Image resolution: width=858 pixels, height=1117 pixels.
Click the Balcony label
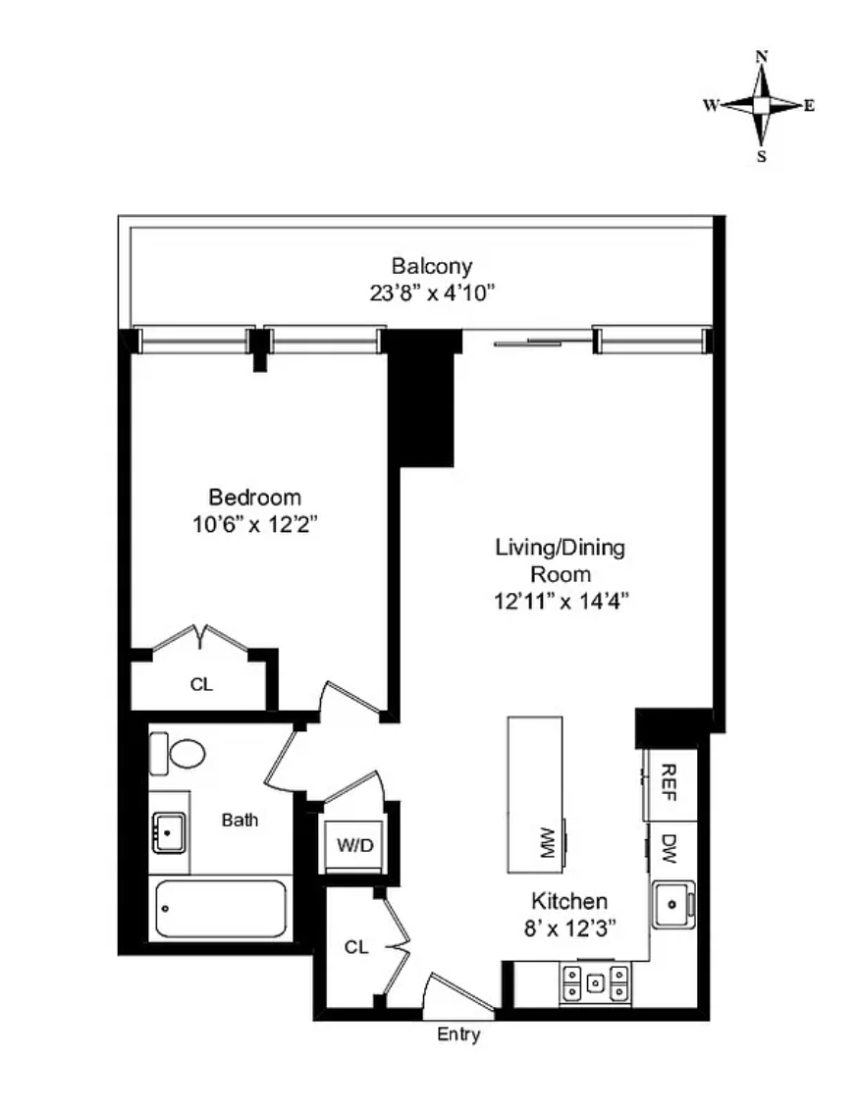click(x=432, y=266)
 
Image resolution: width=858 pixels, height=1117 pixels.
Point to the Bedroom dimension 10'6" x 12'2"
click(x=254, y=525)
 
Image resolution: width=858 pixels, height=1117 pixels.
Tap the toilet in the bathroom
click(x=178, y=753)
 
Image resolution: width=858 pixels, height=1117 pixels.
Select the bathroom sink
click(x=169, y=832)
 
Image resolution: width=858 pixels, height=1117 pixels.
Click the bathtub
click(x=221, y=908)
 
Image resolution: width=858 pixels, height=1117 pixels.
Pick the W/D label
click(x=355, y=845)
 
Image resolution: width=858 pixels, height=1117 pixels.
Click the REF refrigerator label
click(x=669, y=782)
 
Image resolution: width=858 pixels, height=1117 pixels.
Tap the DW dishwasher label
click(x=669, y=848)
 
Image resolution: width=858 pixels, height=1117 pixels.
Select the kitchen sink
click(x=673, y=905)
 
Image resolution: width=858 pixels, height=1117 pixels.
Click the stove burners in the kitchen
click(x=595, y=984)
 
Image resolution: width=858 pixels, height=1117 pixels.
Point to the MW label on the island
click(x=548, y=843)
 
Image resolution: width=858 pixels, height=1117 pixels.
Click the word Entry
click(x=458, y=1035)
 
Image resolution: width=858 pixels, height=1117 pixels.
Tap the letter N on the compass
click(x=761, y=56)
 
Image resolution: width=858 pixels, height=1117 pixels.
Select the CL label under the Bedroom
click(x=201, y=684)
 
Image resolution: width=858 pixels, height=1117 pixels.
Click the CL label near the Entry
click(x=356, y=947)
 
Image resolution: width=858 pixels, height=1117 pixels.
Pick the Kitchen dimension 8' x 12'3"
click(x=569, y=929)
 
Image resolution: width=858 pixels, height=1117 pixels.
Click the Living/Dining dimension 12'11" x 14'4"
click(x=561, y=602)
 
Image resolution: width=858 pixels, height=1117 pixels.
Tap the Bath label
click(x=240, y=820)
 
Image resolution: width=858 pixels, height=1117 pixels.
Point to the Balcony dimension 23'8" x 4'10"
click(x=432, y=293)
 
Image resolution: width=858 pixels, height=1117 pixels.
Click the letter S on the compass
click(x=761, y=157)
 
